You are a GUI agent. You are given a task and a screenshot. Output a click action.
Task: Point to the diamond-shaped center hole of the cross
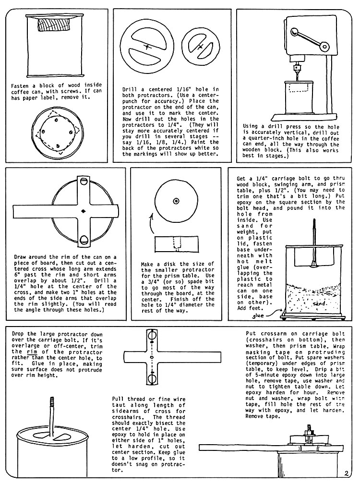click(x=84, y=210)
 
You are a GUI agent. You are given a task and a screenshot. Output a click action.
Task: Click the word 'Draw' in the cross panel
click(x=21, y=257)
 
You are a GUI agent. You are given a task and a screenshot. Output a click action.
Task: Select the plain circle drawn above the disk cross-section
click(x=177, y=201)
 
